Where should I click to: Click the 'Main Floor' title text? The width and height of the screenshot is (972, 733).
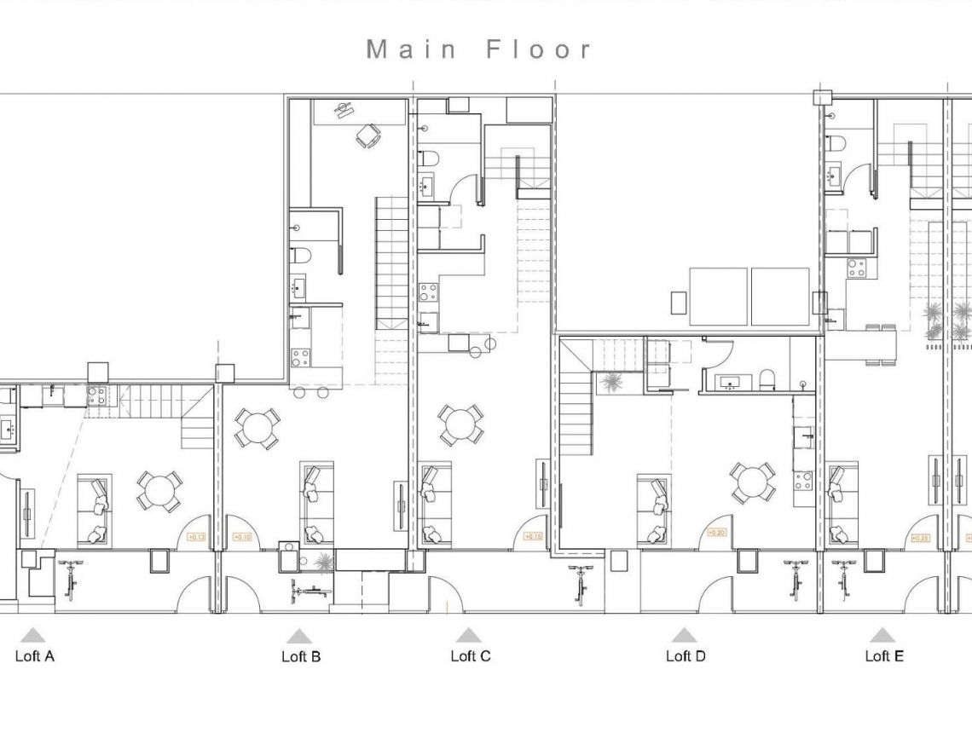click(x=478, y=49)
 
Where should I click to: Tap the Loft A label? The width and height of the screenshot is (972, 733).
click(x=35, y=655)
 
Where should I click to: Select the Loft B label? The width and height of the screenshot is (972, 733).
click(x=301, y=656)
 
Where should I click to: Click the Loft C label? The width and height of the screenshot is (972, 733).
click(x=471, y=655)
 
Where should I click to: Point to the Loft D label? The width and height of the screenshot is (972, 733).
click(x=686, y=655)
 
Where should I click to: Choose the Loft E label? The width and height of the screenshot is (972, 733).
click(x=884, y=655)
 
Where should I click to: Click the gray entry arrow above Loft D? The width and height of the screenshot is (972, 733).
click(x=684, y=635)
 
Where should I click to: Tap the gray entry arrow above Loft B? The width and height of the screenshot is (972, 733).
click(x=299, y=636)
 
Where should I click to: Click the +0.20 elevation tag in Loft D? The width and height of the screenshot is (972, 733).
click(x=716, y=534)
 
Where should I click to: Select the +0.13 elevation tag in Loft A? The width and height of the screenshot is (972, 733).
click(x=196, y=537)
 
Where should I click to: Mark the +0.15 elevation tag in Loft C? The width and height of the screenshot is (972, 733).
click(x=534, y=536)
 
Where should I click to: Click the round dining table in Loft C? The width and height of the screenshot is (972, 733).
click(x=461, y=424)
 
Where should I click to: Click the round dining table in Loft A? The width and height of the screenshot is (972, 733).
click(x=159, y=491)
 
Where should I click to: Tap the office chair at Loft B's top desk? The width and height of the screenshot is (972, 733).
click(x=369, y=136)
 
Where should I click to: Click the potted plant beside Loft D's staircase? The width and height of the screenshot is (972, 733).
click(x=611, y=383)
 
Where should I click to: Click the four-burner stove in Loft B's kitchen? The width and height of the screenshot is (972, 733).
click(x=300, y=356)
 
